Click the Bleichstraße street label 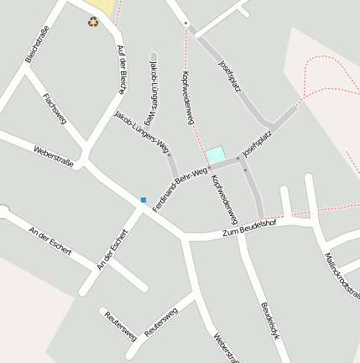point(34,44)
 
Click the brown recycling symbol point(92,21)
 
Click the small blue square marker point(143,200)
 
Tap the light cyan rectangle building point(216,155)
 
